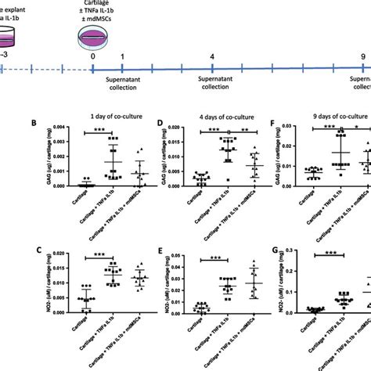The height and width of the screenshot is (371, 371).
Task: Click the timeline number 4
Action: pyautogui.click(x=213, y=58)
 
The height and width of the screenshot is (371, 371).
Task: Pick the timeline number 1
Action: pyautogui.click(x=121, y=58)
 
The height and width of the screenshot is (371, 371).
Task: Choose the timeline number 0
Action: pyautogui.click(x=93, y=58)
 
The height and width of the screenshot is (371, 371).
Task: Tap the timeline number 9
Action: pyautogui.click(x=363, y=58)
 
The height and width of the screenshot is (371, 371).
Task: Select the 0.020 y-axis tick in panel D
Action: pyautogui.click(x=176, y=128)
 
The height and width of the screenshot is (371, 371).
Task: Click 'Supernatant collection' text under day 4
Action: pyautogui.click(x=213, y=84)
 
